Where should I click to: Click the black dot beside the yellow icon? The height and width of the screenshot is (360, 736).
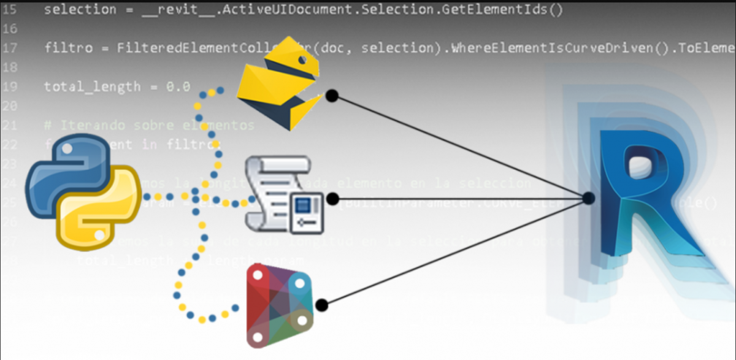tap(332, 96)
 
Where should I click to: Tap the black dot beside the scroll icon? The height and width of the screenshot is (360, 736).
tap(332, 199)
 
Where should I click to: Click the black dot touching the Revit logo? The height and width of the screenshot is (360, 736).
tap(588, 199)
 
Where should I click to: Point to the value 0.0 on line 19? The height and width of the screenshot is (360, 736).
tap(178, 86)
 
